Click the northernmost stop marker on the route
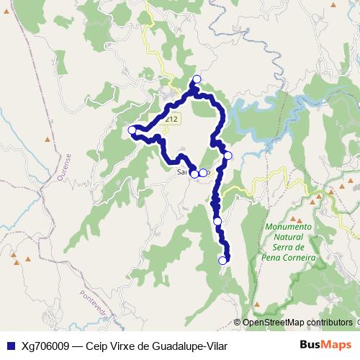pyautogui.click(x=197, y=78)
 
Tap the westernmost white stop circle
pyautogui.click(x=132, y=130)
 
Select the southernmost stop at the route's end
pyautogui.click(x=222, y=261)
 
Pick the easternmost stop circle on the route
pyautogui.click(x=228, y=156)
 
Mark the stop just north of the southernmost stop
pyautogui.click(x=217, y=222)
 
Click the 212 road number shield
pyautogui.click(x=169, y=117)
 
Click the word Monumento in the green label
pyautogui.click(x=288, y=227)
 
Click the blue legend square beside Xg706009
pyautogui.click(x=10, y=346)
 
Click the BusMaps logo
pyautogui.click(x=326, y=346)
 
